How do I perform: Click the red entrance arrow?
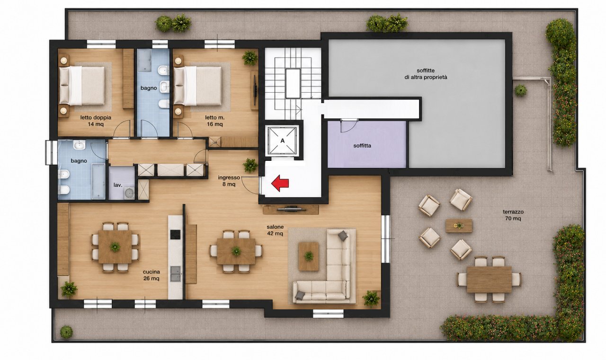click(x=280, y=184)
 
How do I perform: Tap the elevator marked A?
click(x=283, y=140)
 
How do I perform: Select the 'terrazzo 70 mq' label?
click(x=513, y=215)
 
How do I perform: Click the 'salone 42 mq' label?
click(x=275, y=230)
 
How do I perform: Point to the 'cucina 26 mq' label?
click(x=151, y=275)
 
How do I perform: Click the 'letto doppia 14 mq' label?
click(x=96, y=121)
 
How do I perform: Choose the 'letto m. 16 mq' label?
click(x=214, y=121)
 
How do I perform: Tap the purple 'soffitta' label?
click(x=362, y=146)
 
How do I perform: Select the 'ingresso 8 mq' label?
click(x=229, y=181)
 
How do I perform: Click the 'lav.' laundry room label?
click(x=118, y=185)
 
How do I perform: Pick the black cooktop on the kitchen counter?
click(x=175, y=234)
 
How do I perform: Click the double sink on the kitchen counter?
click(x=175, y=273)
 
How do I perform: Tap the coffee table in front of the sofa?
click(x=308, y=256)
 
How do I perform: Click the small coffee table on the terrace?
click(x=459, y=226)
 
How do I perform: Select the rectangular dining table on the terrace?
click(x=489, y=280)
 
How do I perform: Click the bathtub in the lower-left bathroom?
click(x=98, y=181)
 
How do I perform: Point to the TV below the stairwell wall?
click(x=291, y=208)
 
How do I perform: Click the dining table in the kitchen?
click(x=115, y=247)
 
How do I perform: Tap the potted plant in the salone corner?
click(x=371, y=299)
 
